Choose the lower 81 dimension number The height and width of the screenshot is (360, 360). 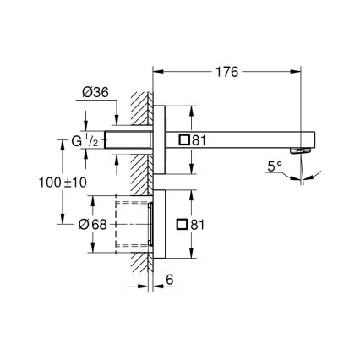pos(199,225)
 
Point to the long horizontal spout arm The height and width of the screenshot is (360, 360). pos(245,139)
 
